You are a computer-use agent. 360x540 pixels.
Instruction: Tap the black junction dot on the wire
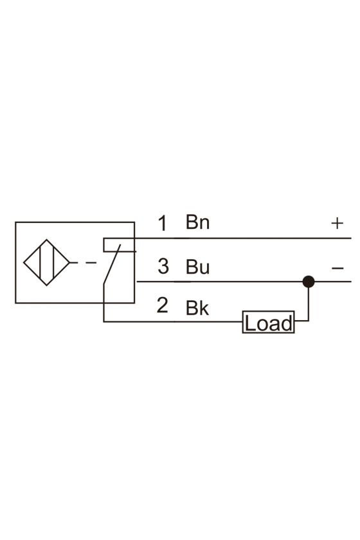coord(309,282)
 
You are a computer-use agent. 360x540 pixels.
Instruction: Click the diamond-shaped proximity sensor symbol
coord(46,262)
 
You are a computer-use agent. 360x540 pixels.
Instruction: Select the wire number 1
coord(163,223)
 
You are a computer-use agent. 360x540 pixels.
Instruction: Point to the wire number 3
coord(163,266)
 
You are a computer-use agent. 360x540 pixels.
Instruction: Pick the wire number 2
coord(162,305)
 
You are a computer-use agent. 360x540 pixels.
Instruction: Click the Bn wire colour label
coord(197,222)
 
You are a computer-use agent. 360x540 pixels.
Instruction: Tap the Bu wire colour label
coord(197,266)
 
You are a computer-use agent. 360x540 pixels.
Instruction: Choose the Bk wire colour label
coord(197,307)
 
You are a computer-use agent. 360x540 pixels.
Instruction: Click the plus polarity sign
coord(337,223)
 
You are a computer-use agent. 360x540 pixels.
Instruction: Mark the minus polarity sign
coord(337,267)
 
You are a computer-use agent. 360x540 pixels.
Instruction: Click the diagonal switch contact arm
coord(112,264)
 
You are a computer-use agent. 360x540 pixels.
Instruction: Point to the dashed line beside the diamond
coord(83,263)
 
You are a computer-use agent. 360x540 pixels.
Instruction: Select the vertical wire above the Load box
coord(309,301)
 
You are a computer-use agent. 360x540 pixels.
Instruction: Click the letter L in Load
coord(250,324)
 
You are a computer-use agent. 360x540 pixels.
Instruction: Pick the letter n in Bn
coord(204,224)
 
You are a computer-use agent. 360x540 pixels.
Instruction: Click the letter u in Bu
coord(204,269)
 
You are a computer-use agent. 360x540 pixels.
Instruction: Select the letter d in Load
coord(287,324)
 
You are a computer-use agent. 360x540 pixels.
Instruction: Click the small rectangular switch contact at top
coord(119,244)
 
